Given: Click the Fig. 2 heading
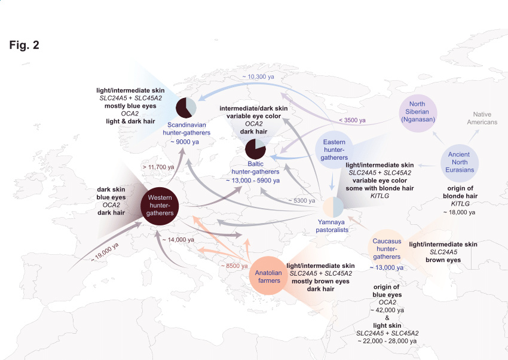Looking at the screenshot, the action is click(25, 45).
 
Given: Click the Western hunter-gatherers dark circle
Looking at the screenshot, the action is click(160, 206).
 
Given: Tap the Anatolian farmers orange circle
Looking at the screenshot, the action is click(268, 276).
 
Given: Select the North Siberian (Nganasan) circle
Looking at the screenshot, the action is click(418, 113).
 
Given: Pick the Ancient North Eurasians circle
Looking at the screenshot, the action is click(460, 163).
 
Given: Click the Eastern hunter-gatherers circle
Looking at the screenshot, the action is click(334, 150).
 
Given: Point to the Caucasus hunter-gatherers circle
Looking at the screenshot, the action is click(387, 249).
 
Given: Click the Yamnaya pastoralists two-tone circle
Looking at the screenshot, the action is click(333, 207).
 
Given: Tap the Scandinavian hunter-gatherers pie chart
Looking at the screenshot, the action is click(186, 108).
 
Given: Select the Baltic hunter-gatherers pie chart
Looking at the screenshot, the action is click(255, 149).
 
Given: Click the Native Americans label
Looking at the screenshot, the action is click(482, 118).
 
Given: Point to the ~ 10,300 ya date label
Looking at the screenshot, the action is click(258, 77).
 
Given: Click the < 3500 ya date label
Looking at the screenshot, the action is click(352, 120).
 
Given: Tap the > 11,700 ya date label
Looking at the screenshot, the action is click(158, 167).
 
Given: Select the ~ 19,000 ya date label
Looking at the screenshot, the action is click(105, 252).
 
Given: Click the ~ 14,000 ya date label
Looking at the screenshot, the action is click(178, 240).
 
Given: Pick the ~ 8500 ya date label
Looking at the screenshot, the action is click(234, 266).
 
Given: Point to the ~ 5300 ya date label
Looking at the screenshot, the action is click(302, 200).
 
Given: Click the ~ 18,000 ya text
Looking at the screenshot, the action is click(460, 212).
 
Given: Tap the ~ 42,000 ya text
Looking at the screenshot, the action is click(387, 310).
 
